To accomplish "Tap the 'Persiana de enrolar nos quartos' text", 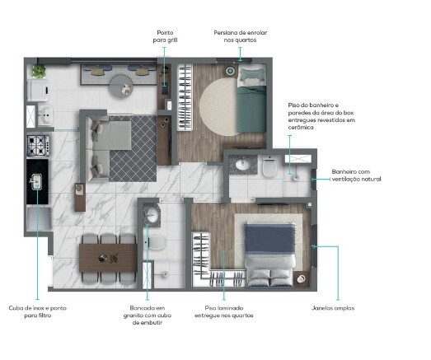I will click(x=240, y=37).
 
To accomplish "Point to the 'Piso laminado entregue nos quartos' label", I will click(x=229, y=311).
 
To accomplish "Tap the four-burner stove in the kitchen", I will click(x=37, y=147).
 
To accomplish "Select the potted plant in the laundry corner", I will click(x=39, y=72).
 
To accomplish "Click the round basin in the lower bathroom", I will click(x=152, y=217).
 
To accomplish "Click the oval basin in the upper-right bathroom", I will click(x=243, y=166).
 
